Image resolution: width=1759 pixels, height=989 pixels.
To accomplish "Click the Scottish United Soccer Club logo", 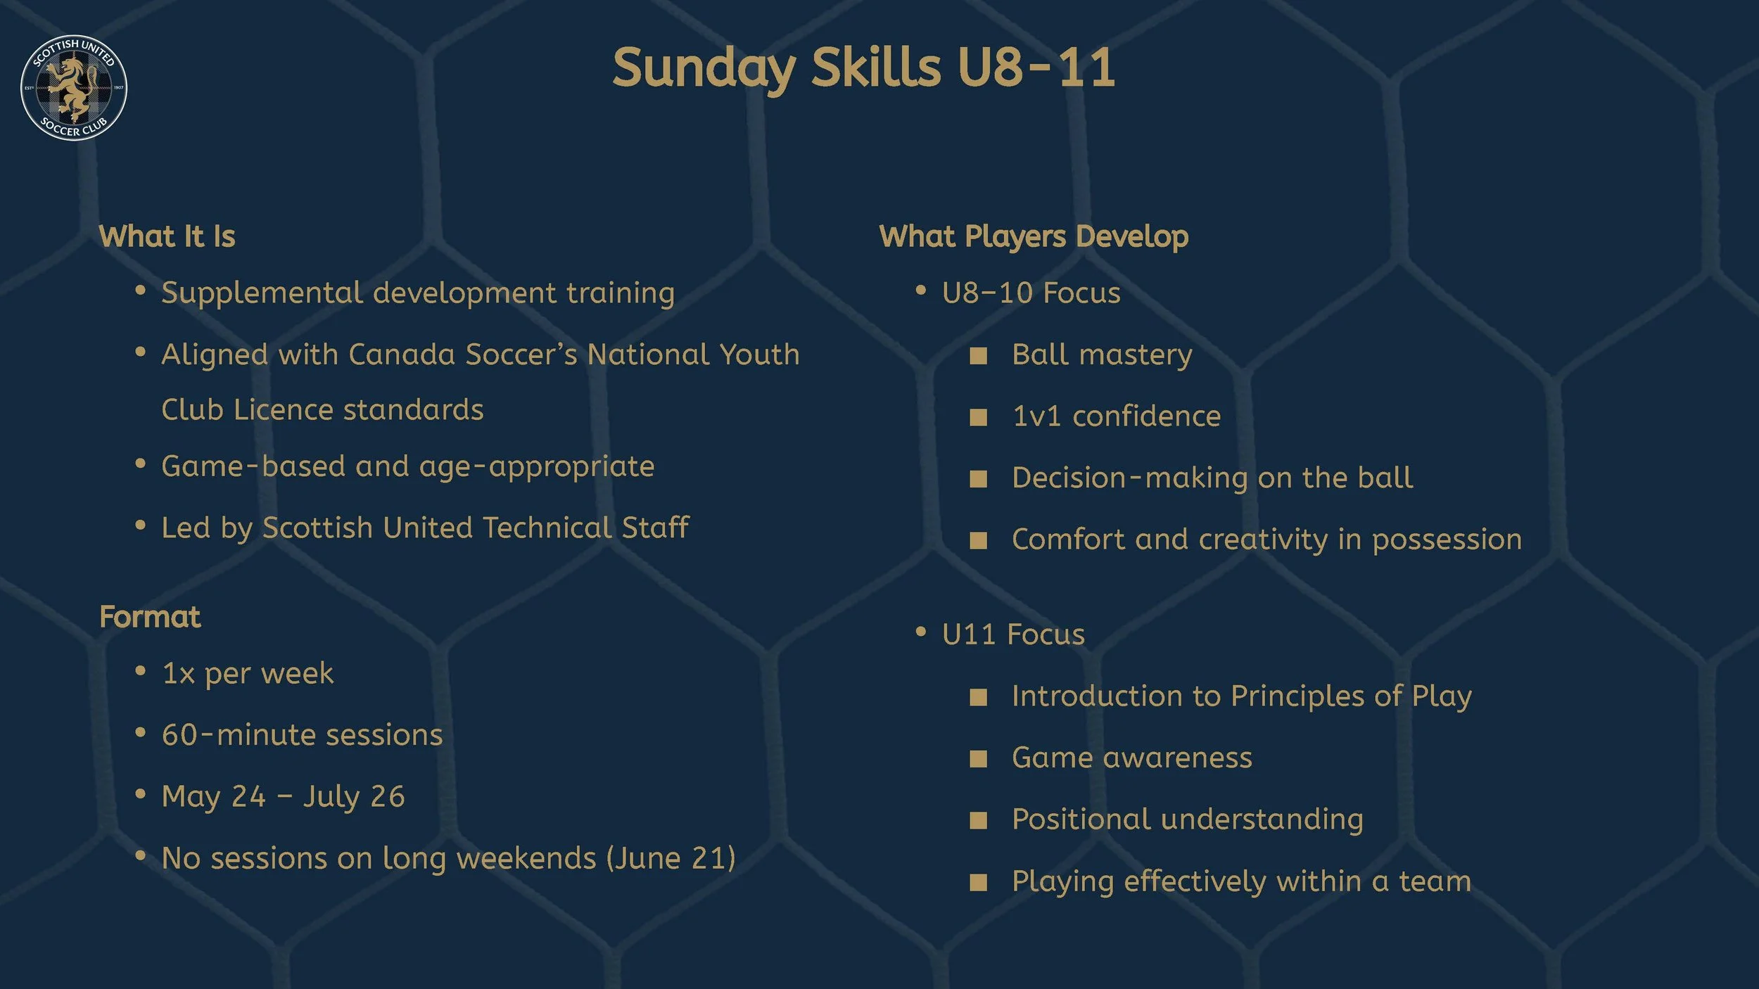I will click(74, 88).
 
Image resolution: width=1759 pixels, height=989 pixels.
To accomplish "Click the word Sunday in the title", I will click(704, 69).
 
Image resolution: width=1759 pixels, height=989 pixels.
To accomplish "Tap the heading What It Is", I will click(167, 236).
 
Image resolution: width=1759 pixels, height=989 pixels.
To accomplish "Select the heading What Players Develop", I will click(1034, 236).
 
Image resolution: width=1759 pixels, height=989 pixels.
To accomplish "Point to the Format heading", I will click(150, 617).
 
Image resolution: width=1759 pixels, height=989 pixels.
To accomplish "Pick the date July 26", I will click(354, 797).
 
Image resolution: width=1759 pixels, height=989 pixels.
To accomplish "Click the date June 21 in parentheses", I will click(672, 858).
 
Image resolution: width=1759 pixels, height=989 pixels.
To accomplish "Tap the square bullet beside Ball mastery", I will click(978, 355).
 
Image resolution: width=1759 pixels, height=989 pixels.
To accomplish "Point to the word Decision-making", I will click(1129, 478).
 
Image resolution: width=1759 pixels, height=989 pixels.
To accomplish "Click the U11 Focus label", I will click(1013, 634).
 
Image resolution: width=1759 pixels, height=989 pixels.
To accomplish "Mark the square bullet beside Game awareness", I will click(978, 758).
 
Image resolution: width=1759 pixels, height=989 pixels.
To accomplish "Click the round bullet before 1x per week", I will click(140, 672).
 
